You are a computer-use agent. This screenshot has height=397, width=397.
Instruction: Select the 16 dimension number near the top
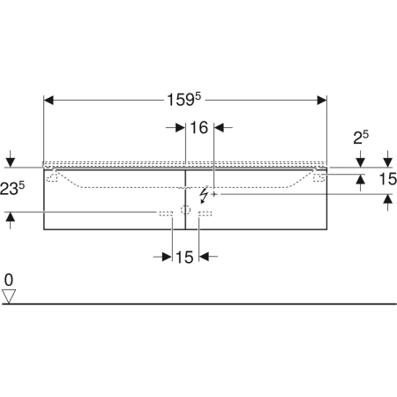(x=198, y=128)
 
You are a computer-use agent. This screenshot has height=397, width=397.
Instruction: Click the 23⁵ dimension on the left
(x=11, y=188)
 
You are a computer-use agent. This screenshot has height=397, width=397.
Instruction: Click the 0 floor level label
(x=9, y=281)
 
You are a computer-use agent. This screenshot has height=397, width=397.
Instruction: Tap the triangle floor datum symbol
(x=9, y=296)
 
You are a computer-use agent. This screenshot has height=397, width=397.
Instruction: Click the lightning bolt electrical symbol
(x=206, y=193)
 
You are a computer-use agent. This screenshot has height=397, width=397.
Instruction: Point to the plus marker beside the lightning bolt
(x=214, y=195)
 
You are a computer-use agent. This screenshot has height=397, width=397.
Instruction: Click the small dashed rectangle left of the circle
(x=165, y=213)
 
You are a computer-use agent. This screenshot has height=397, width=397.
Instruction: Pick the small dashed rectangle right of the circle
(x=205, y=213)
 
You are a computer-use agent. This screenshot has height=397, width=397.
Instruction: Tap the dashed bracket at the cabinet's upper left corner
(x=53, y=176)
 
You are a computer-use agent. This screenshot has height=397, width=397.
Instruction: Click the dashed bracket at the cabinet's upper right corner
(x=318, y=176)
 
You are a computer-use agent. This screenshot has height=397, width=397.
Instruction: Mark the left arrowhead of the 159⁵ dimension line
(x=49, y=101)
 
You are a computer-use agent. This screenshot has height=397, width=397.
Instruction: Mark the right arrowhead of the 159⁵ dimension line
(x=322, y=101)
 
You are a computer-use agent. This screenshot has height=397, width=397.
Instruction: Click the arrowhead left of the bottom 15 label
(x=167, y=257)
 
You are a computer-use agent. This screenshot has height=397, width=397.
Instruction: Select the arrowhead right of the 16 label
(x=219, y=128)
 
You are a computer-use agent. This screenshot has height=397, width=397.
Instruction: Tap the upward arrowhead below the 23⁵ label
(x=10, y=216)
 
